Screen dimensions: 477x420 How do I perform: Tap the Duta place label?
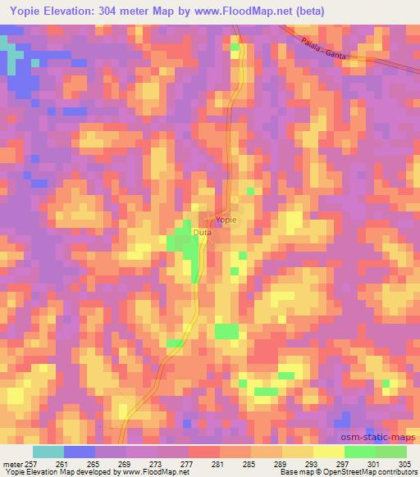(x=202, y=233)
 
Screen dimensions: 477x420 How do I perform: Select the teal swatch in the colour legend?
(x=48, y=452)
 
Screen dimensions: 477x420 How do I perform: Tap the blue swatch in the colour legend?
(x=80, y=452)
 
